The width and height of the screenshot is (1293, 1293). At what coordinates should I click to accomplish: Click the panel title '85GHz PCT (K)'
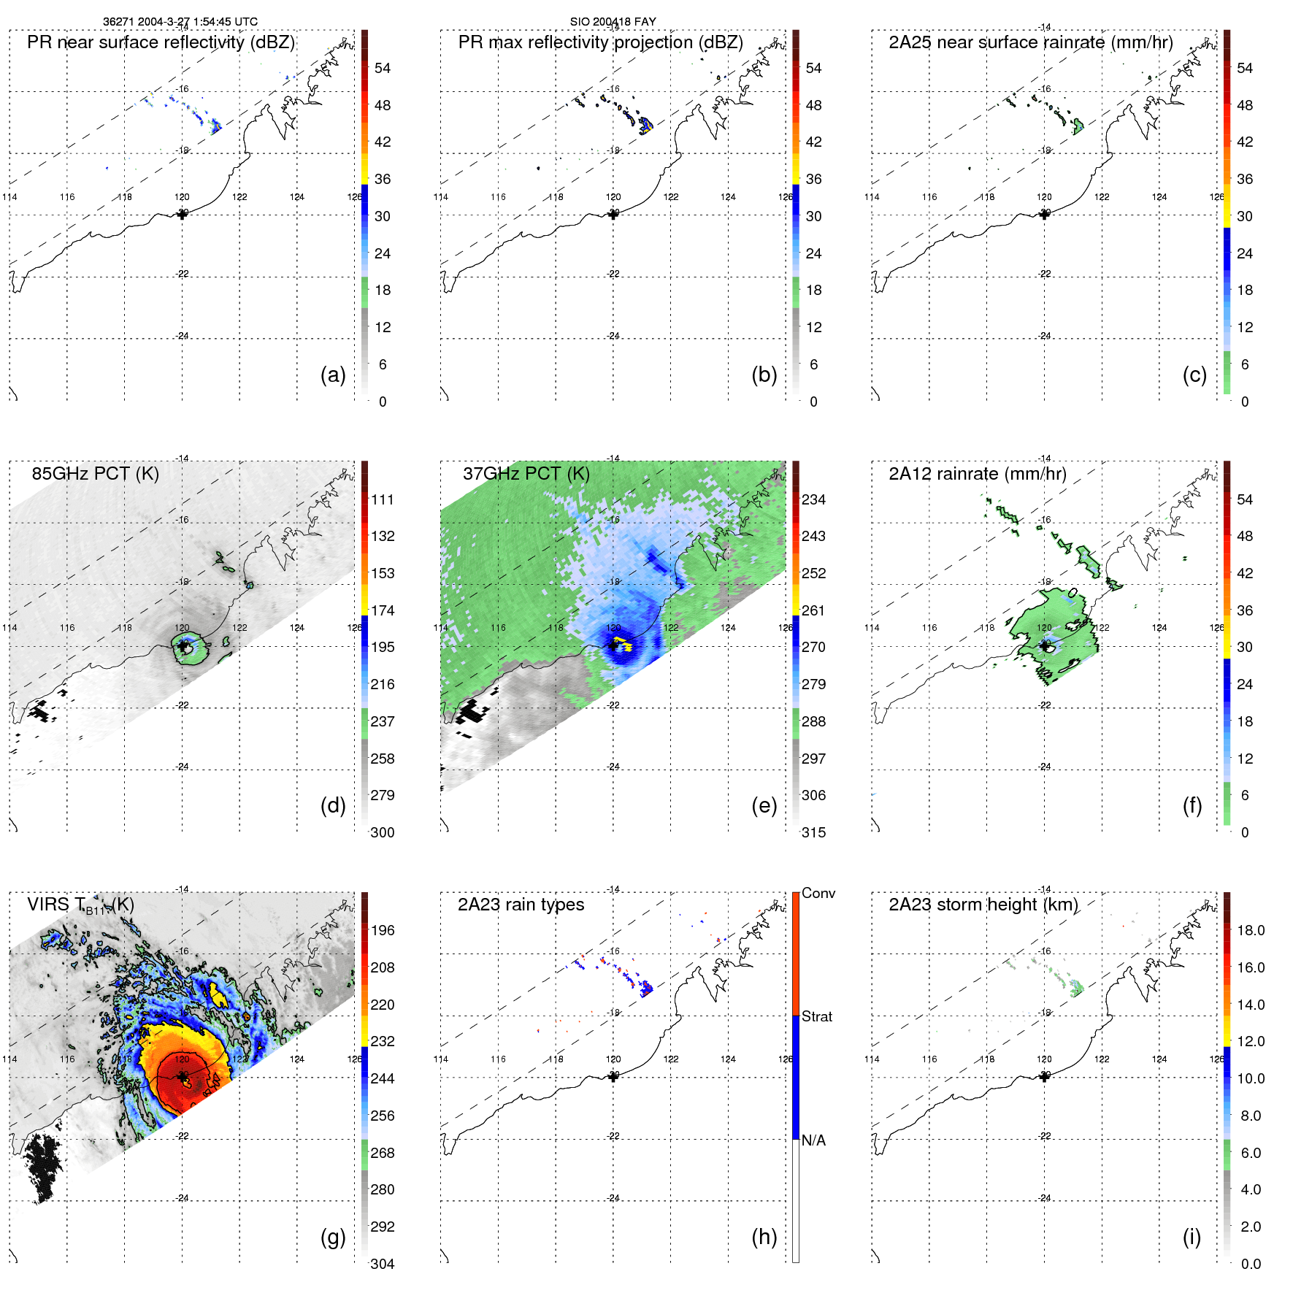[x=95, y=474]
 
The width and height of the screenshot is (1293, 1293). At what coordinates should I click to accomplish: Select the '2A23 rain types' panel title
[x=521, y=905]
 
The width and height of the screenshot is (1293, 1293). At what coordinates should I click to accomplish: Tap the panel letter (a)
[x=333, y=375]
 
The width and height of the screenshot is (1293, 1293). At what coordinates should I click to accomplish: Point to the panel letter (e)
[x=764, y=805]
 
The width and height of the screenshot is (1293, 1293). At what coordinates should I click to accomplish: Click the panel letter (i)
[x=1192, y=1237]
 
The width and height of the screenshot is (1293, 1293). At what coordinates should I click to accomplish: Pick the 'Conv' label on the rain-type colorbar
[x=818, y=893]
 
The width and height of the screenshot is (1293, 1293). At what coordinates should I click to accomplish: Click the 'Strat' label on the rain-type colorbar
[x=816, y=1016]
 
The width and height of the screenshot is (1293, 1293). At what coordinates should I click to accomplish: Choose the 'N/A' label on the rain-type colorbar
[x=813, y=1140]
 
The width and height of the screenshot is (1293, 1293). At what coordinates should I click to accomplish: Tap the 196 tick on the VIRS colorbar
[x=383, y=930]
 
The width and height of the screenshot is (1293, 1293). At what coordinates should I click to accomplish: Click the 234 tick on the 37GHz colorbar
[x=813, y=499]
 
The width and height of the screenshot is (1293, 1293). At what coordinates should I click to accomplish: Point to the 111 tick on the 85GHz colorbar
[x=383, y=499]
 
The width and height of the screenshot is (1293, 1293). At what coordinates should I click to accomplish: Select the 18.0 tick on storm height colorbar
[x=1250, y=930]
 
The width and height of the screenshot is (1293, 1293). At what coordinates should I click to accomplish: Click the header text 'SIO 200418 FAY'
[x=613, y=22]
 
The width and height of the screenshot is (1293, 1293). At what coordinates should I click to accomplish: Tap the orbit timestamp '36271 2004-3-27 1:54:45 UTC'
[x=180, y=22]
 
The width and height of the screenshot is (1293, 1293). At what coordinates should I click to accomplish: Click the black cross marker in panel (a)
[x=182, y=215]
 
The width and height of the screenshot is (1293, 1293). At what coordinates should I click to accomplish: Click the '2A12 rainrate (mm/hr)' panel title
[x=977, y=474]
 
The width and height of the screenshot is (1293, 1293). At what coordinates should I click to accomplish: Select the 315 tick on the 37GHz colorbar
[x=813, y=832]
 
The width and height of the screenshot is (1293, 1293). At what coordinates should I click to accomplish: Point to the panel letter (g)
[x=333, y=1237]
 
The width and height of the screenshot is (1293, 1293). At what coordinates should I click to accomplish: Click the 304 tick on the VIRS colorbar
[x=383, y=1264]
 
